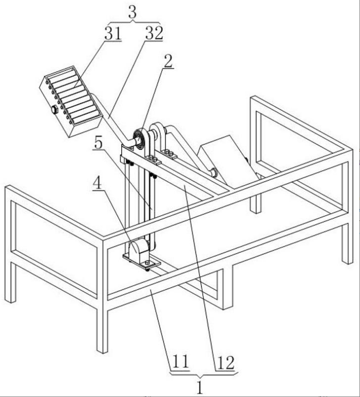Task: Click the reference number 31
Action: tap(113, 33)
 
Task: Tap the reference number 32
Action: tap(154, 33)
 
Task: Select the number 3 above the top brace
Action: tap(132, 12)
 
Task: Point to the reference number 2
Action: tap(168, 61)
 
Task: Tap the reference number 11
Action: tap(180, 362)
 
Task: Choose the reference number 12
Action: tap(226, 364)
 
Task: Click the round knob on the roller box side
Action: tap(54, 110)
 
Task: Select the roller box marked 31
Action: tap(71, 101)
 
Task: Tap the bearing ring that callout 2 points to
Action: tap(139, 138)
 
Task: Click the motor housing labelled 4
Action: tap(138, 249)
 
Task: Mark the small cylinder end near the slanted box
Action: tap(213, 173)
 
